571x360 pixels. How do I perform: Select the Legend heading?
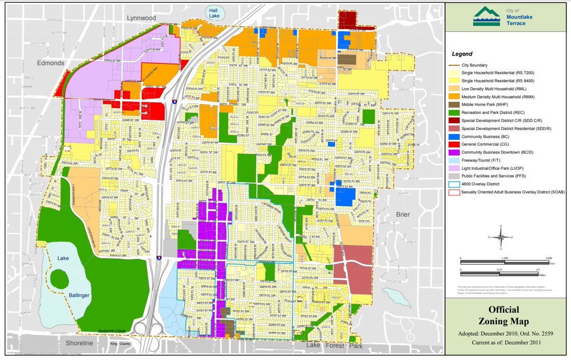463,54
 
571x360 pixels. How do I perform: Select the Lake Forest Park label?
335,346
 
